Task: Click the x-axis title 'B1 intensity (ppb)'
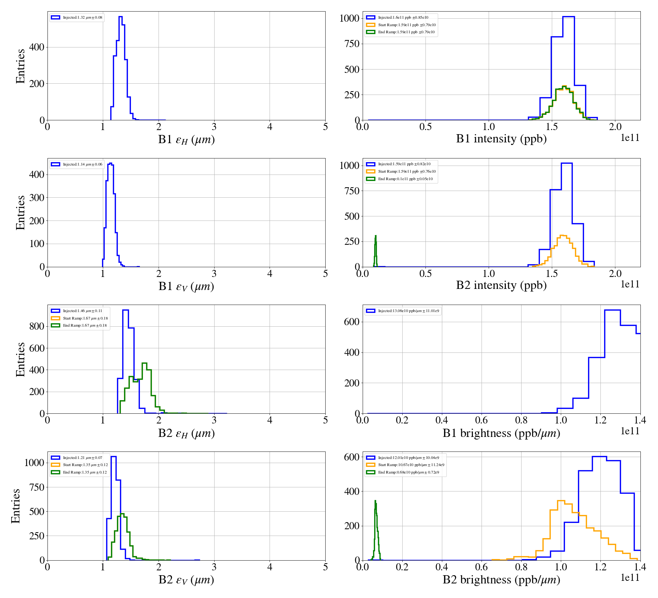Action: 501,139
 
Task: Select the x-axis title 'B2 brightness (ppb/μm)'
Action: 501,580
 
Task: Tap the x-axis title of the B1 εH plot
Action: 186,140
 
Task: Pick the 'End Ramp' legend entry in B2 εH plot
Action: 84,326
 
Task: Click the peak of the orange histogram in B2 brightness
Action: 561,501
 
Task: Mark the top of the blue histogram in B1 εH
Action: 120,17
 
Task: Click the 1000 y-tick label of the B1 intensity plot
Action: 349,18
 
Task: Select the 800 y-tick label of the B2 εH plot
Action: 37,326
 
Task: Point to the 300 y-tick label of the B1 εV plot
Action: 37,198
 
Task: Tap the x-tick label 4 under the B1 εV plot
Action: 270,274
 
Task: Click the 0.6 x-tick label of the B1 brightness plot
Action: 481,420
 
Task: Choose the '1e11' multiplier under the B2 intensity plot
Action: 630,284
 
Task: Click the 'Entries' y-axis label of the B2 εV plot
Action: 16,506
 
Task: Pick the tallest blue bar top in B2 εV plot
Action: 114,457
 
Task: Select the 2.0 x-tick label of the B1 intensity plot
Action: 615,127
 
